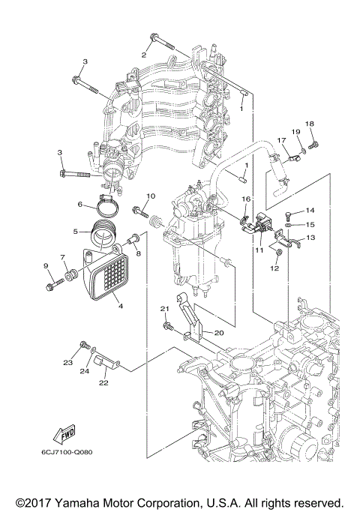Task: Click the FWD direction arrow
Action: pos(63,433)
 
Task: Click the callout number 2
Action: pos(143,55)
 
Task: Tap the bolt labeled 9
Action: pos(50,284)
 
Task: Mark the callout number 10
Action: pos(150,196)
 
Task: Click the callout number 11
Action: pos(258,250)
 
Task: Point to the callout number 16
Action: pos(245,199)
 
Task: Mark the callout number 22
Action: pos(103,382)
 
